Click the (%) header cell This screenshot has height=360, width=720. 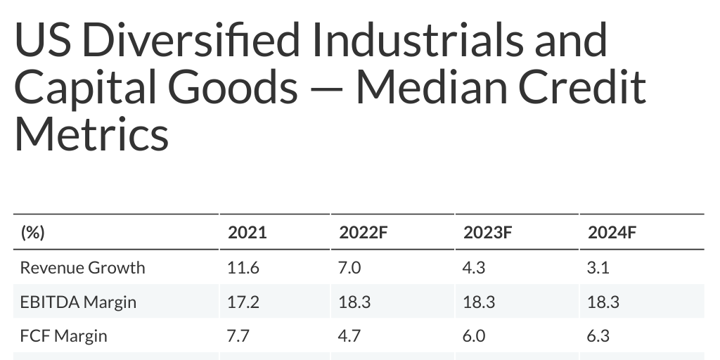(32, 233)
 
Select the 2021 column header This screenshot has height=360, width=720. (247, 233)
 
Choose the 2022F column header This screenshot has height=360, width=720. (363, 233)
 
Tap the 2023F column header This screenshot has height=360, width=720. (487, 233)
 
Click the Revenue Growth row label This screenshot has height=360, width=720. (83, 268)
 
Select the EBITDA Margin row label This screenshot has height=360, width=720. (78, 302)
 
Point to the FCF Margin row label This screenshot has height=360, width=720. (64, 335)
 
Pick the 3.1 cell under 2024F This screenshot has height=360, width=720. (598, 268)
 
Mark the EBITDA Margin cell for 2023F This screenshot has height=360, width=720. (479, 302)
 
